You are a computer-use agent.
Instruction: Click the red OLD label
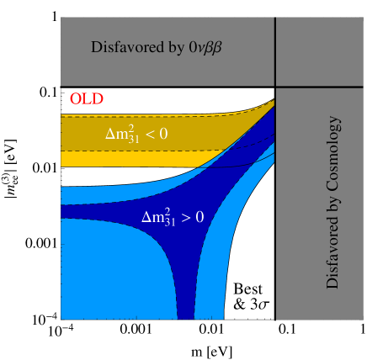click(x=87, y=98)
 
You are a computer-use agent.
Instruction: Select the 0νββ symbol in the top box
click(x=205, y=48)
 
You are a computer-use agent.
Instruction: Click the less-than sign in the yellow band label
click(x=157, y=134)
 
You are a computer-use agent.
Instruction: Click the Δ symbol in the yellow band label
click(x=109, y=134)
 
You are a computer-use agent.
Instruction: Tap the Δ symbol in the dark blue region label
click(x=146, y=217)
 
